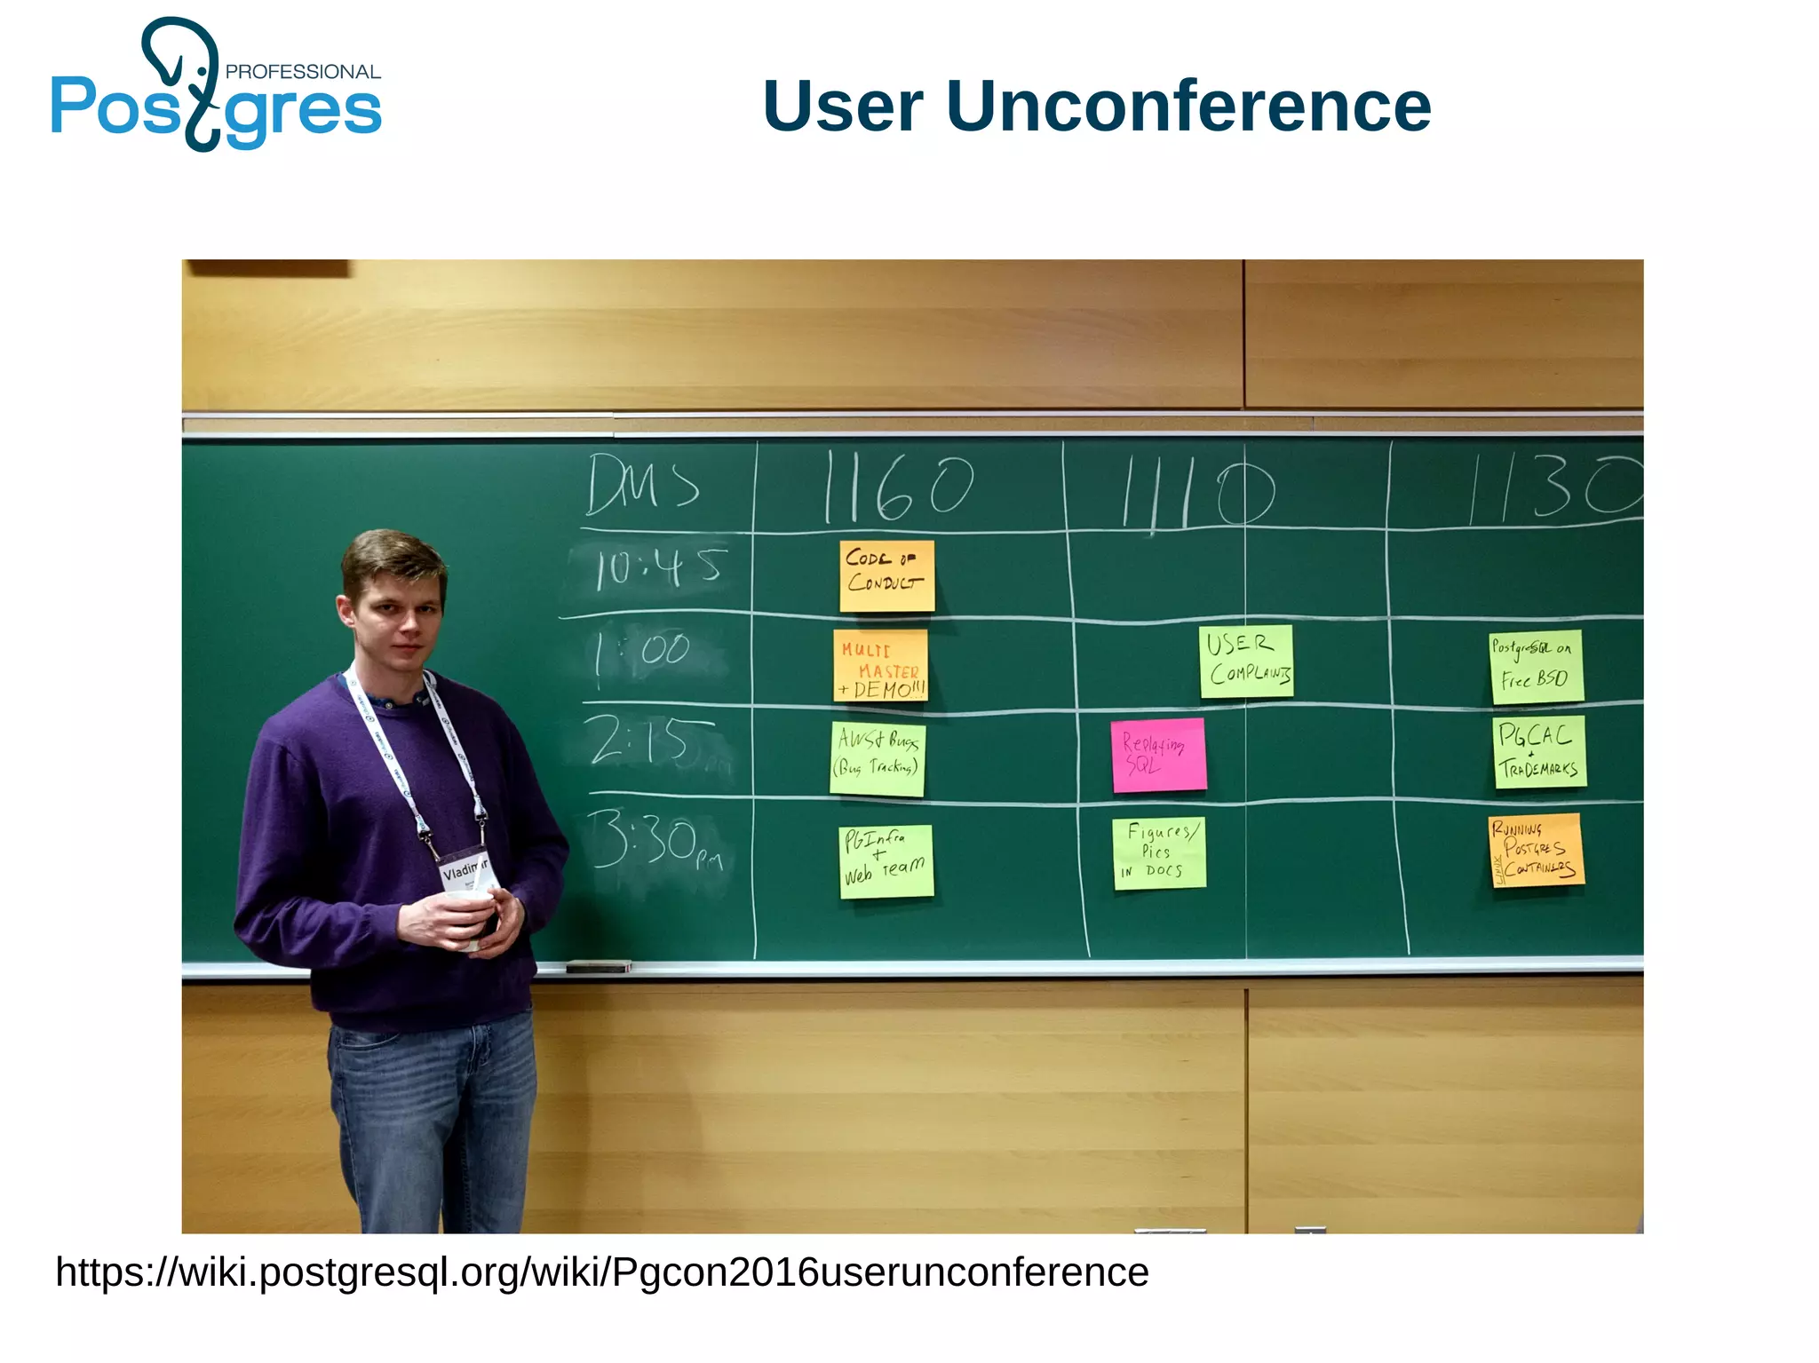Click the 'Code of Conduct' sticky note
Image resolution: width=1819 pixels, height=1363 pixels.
(x=886, y=575)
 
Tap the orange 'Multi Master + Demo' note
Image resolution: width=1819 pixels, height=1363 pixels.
(x=880, y=665)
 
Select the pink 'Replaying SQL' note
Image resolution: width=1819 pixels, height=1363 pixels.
(x=1158, y=755)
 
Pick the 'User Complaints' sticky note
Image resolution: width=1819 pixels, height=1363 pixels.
(x=1246, y=662)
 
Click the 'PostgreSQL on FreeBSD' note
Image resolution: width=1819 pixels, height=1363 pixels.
(x=1536, y=667)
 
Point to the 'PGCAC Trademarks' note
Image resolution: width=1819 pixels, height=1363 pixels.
(x=1539, y=751)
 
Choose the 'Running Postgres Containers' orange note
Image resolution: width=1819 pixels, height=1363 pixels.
(x=1537, y=850)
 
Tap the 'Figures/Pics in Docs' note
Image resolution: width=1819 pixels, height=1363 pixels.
(x=1159, y=852)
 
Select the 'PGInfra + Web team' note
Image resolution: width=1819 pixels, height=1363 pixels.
(x=886, y=860)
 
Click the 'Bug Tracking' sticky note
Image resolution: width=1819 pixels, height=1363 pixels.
(x=878, y=758)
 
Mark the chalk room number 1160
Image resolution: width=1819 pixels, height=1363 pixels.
(x=897, y=487)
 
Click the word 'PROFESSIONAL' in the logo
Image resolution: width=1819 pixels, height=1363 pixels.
(x=303, y=72)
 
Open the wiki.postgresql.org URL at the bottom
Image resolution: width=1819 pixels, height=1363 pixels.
(x=601, y=1272)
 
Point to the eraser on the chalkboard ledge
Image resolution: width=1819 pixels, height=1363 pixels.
(x=598, y=966)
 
